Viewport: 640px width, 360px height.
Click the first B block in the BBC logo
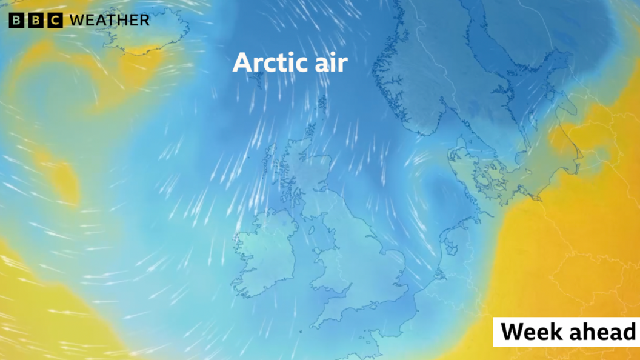[x=16, y=20]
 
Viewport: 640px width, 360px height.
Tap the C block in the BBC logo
[x=55, y=20]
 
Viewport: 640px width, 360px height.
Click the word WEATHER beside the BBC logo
[x=109, y=20]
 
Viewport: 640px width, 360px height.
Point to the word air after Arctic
[x=330, y=63]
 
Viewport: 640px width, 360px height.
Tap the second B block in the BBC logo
[x=35, y=20]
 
